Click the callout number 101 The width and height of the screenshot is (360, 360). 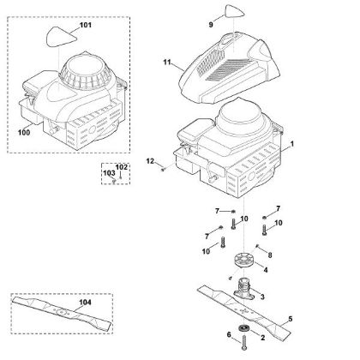86,25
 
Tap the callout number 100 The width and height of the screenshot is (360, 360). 24,133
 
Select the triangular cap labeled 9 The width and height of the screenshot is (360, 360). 235,12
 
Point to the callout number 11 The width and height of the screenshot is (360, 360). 167,62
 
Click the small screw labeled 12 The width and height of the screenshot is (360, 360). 164,170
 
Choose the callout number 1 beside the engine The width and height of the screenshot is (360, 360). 292,144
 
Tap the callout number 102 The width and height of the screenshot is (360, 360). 122,167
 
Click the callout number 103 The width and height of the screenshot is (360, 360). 109,173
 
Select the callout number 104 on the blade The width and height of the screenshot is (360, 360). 85,303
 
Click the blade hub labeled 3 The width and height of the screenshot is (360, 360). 244,289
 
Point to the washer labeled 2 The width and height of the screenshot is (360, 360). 244,327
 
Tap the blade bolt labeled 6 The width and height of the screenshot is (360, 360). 243,342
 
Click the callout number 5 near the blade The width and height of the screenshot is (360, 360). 291,319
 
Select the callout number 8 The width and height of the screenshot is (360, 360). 270,255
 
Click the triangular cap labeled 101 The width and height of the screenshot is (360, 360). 61,37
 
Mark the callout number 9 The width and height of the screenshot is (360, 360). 211,25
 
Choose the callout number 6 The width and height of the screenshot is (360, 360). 229,334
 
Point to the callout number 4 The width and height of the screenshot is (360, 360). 266,270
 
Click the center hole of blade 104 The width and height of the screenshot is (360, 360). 61,312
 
